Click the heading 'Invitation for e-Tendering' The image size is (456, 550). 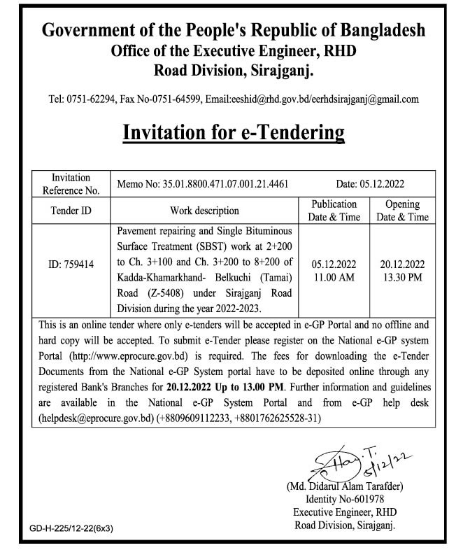[x=234, y=132]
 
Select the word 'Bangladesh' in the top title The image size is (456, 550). [x=382, y=31]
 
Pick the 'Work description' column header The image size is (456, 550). [x=204, y=211]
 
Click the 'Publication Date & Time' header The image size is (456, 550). [x=335, y=211]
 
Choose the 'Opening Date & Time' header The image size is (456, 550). [x=402, y=211]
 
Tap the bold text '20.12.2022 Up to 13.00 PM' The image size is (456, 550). [x=222, y=386]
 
